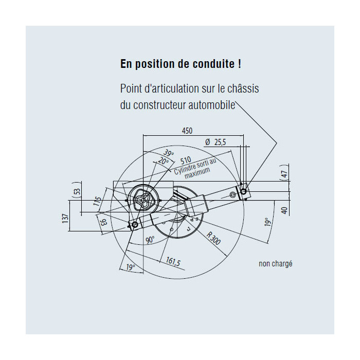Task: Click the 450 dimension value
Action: point(187,131)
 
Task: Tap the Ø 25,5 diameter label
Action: point(215,142)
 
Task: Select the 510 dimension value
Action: point(186,160)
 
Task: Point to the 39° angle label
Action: point(169,153)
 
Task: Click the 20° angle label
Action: point(163,161)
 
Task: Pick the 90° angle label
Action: point(150,240)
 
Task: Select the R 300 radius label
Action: point(213,238)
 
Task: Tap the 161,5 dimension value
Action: point(173,261)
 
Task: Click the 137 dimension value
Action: point(65,219)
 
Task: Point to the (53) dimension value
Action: point(77,191)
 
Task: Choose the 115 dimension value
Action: point(98,202)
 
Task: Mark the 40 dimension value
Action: point(284,210)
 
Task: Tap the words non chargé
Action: point(276,263)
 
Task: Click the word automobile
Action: point(212,105)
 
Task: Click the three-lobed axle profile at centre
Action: point(143,200)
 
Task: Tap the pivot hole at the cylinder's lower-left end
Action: point(135,225)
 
